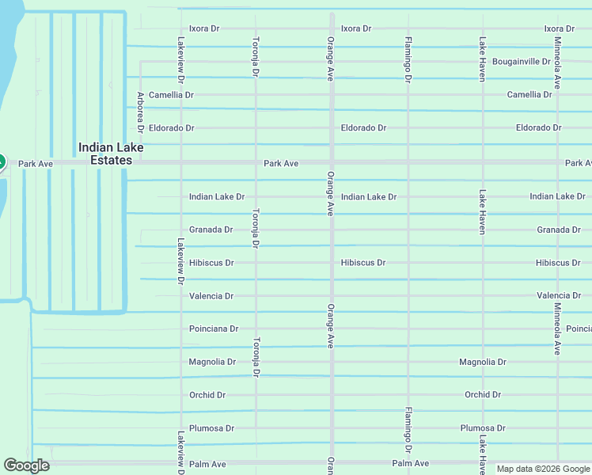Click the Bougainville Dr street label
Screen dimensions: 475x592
pyautogui.click(x=521, y=62)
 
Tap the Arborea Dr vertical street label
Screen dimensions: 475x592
pyautogui.click(x=140, y=111)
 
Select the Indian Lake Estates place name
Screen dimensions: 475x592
pyautogui.click(x=105, y=154)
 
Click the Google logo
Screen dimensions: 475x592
pyautogui.click(x=26, y=465)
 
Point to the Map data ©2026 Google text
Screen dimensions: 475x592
pyautogui.click(x=543, y=469)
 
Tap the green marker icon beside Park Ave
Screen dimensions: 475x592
pyautogui.click(x=1, y=162)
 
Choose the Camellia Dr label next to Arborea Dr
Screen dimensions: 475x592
pyautogui.click(x=171, y=95)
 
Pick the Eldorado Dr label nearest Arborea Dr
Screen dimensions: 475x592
pyautogui.click(x=171, y=128)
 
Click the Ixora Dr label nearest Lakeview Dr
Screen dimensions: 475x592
pyautogui.click(x=204, y=28)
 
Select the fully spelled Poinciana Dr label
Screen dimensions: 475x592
pyautogui.click(x=214, y=329)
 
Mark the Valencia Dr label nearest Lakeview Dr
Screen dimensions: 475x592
pyautogui.click(x=211, y=296)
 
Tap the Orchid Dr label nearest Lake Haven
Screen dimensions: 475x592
pyautogui.click(x=483, y=395)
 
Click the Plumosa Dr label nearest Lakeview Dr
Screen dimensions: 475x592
pyautogui.click(x=211, y=428)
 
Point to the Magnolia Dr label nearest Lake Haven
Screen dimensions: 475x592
pyautogui.click(x=482, y=362)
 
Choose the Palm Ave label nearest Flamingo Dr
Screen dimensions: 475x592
pyautogui.click(x=410, y=463)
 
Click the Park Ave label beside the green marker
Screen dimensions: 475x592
pyautogui.click(x=36, y=164)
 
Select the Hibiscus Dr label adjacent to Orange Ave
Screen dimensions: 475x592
pyautogui.click(x=363, y=263)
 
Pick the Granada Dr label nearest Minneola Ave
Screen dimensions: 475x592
pyautogui.click(x=558, y=230)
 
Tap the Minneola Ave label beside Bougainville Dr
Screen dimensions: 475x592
pyautogui.click(x=558, y=63)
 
